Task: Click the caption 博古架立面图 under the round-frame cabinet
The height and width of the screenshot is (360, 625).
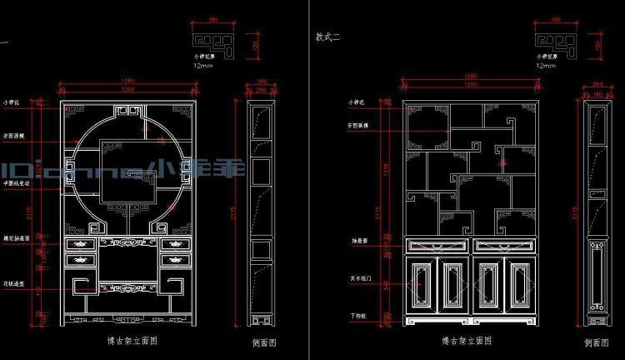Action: tap(127, 340)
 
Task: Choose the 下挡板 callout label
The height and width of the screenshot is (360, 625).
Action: tap(357, 316)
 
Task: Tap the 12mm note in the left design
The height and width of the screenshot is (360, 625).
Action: tap(202, 65)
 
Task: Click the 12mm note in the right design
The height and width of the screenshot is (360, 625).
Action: tap(545, 65)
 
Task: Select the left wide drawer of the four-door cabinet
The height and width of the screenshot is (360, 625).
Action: tap(437, 245)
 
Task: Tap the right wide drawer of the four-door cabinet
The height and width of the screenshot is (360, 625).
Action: tap(502, 245)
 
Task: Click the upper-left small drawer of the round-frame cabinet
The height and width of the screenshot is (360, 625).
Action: tap(81, 244)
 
